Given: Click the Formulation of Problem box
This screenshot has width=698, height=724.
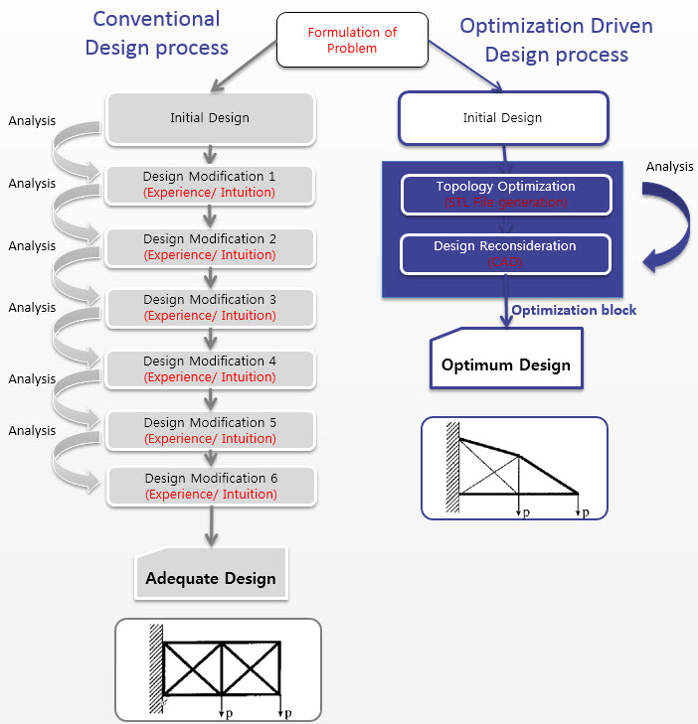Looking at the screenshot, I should pyautogui.click(x=351, y=41).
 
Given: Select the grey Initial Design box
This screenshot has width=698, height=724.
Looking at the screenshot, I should pyautogui.click(x=209, y=118).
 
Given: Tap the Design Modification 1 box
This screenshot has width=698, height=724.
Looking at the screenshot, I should pyautogui.click(x=210, y=184).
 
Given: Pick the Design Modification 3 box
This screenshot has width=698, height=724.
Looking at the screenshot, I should pyautogui.click(x=210, y=307).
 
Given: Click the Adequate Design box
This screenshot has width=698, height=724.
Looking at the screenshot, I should pyautogui.click(x=211, y=575).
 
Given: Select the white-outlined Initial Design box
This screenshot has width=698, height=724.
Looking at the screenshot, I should pyautogui.click(x=502, y=118).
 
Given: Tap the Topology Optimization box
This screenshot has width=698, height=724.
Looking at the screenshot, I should pyautogui.click(x=505, y=194).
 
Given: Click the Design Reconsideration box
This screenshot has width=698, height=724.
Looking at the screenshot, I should pyautogui.click(x=505, y=253).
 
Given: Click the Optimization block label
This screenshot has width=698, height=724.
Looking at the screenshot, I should pyautogui.click(x=574, y=310).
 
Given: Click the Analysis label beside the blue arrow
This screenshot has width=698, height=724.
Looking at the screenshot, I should pyautogui.click(x=669, y=166).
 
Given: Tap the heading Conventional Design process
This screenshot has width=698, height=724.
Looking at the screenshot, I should pyautogui.click(x=156, y=33).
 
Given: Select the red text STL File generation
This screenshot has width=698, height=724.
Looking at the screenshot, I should pyautogui.click(x=505, y=203).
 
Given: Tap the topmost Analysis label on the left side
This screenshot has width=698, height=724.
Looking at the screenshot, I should pyautogui.click(x=32, y=121).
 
